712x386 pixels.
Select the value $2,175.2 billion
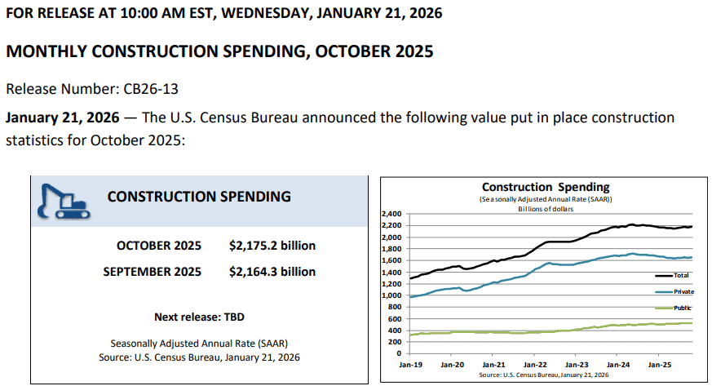(272, 245)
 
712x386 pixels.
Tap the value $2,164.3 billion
(272, 271)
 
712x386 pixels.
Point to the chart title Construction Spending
(546, 187)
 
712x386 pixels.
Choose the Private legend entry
(683, 291)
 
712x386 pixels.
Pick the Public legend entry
(683, 308)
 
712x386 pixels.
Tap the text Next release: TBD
(199, 316)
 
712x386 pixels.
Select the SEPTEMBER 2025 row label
(153, 271)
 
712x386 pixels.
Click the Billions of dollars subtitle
(546, 208)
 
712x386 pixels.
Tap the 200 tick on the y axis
(394, 342)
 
